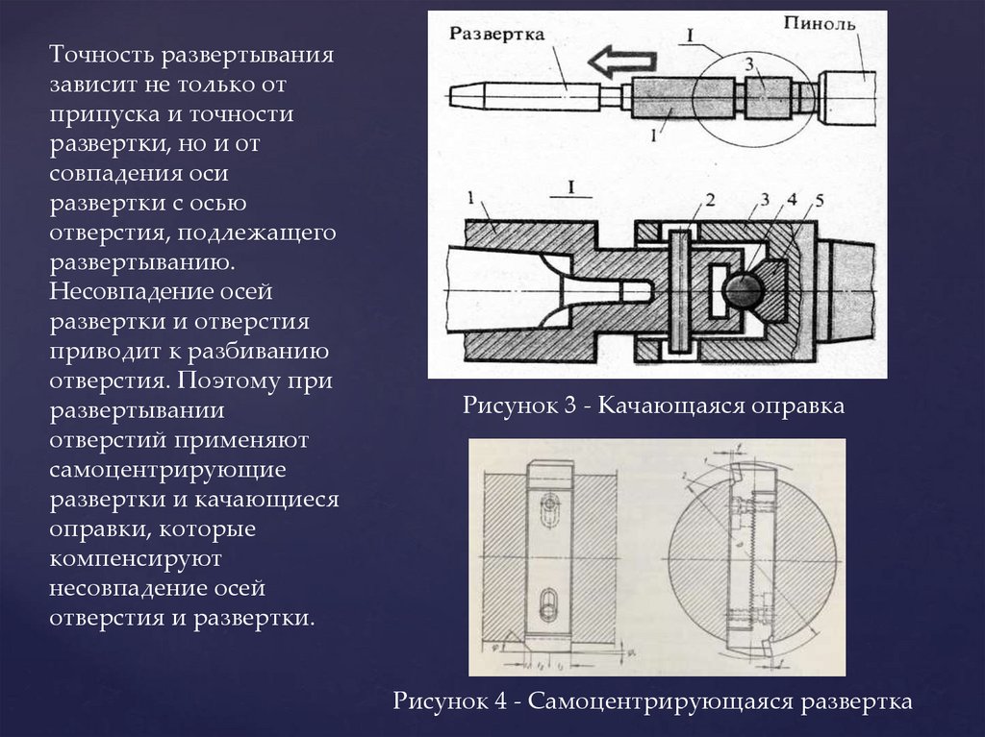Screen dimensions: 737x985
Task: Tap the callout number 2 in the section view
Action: pos(709,201)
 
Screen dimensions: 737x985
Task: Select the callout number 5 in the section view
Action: pos(820,201)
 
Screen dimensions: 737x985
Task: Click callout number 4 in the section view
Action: pos(791,201)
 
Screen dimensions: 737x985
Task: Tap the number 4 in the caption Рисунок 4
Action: pos(501,700)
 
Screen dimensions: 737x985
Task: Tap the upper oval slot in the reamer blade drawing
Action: pos(547,504)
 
